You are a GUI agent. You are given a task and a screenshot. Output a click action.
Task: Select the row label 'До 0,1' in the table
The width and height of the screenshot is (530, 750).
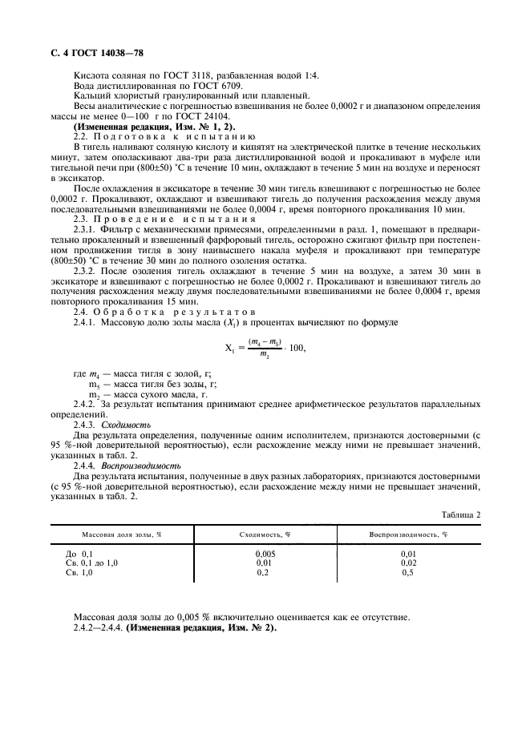click(x=79, y=554)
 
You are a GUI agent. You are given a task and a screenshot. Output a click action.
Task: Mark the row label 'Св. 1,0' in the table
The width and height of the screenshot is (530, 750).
click(x=79, y=573)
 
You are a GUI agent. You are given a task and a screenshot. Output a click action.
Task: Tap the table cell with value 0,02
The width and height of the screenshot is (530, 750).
click(x=408, y=563)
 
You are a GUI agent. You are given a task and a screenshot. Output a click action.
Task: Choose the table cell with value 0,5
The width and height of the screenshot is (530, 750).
click(x=408, y=573)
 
